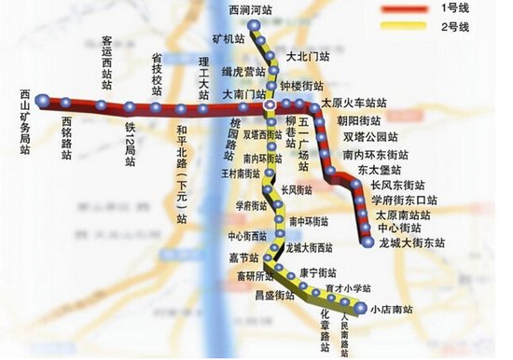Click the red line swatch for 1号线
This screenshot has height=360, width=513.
tap(403, 9)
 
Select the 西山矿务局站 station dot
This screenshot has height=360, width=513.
tap(41, 91)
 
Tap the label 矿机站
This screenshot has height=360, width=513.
tap(228, 40)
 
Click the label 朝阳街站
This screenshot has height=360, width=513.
tap(358, 121)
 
